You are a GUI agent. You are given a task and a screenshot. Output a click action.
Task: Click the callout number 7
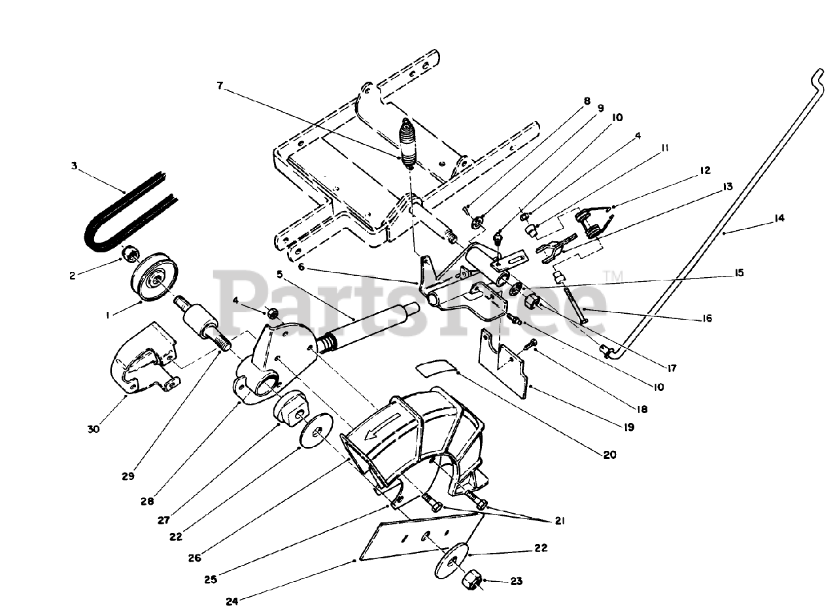click(x=220, y=85)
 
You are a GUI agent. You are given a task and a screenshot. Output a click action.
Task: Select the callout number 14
click(x=779, y=219)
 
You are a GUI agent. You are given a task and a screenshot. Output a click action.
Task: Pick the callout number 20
click(x=609, y=455)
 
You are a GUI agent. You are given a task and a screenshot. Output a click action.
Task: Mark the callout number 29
click(x=128, y=475)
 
